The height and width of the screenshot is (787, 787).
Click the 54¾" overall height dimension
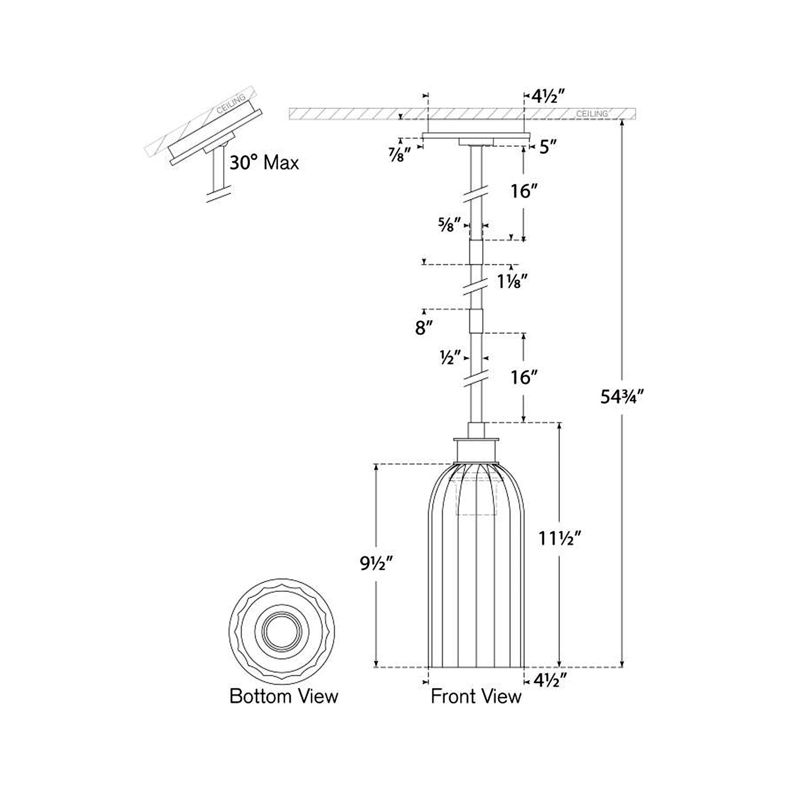click(622, 397)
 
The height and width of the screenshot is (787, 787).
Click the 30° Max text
click(264, 163)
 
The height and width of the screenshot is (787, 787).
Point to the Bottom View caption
click(284, 696)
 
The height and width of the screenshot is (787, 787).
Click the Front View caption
click(476, 696)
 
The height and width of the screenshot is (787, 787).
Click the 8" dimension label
click(424, 328)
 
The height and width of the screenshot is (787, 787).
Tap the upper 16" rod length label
click(524, 191)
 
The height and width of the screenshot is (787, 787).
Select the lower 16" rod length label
click(524, 377)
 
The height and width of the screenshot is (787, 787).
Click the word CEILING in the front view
click(592, 114)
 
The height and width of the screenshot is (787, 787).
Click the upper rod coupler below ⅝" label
click(476, 252)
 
